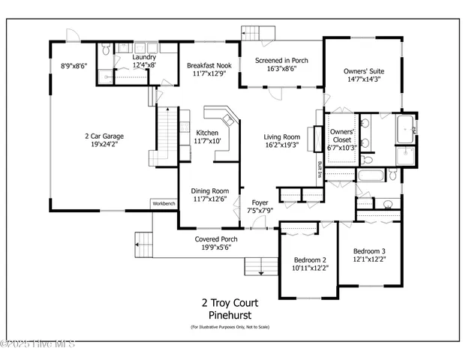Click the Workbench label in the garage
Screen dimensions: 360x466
coord(164,203)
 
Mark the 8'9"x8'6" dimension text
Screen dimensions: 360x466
coord(74,66)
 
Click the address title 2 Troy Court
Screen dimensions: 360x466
coord(230,303)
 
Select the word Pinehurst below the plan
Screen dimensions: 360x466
coord(230,316)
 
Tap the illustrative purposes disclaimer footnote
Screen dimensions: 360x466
coord(230,328)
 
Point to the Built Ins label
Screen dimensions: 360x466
coord(320,169)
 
